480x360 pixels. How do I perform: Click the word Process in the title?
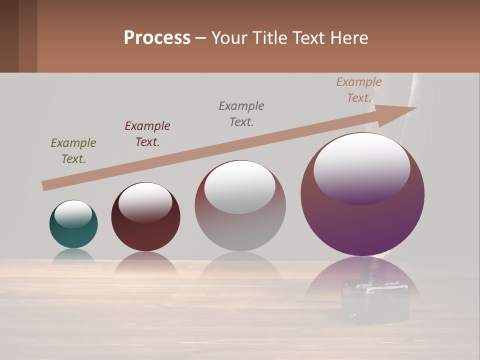tap(157, 38)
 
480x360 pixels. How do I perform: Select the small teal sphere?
tap(73, 235)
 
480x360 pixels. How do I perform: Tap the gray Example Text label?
tap(241, 113)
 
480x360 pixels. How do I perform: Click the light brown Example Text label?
tap(359, 90)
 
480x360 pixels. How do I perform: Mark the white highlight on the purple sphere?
tap(361, 167)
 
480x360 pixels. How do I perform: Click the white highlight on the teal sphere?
tap(73, 213)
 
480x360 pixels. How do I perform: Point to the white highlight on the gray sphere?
tap(239, 187)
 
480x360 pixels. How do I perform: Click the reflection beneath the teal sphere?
tap(73, 255)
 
